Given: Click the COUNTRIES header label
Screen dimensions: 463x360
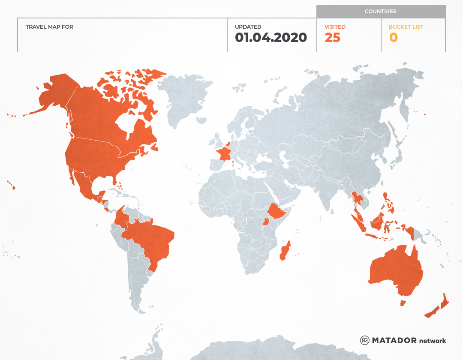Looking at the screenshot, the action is coord(380,12).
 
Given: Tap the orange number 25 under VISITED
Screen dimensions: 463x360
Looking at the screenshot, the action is coord(332,38).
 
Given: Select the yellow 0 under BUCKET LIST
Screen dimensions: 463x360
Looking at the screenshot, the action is coord(393,38).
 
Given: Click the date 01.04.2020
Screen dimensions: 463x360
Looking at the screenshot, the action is coord(271,38).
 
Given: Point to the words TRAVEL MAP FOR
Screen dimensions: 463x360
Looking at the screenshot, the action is coord(49,27).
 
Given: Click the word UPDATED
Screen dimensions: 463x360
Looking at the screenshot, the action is coord(248,27).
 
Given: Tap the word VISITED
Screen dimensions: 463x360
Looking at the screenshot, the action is coord(335,27).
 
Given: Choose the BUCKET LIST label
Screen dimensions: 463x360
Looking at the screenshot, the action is coord(406,27).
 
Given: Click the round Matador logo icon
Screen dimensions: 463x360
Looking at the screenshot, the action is coord(365,340).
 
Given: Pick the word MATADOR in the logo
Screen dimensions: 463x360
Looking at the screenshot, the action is coord(394,340).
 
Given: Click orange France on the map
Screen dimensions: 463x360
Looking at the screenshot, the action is coord(224,154).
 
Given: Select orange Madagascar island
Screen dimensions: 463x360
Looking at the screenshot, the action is coord(285,251).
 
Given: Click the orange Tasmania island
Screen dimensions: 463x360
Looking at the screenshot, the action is coord(403,303).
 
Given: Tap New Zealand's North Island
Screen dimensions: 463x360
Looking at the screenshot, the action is coord(445,302).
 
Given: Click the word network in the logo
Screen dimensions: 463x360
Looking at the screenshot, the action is coord(433,341).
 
